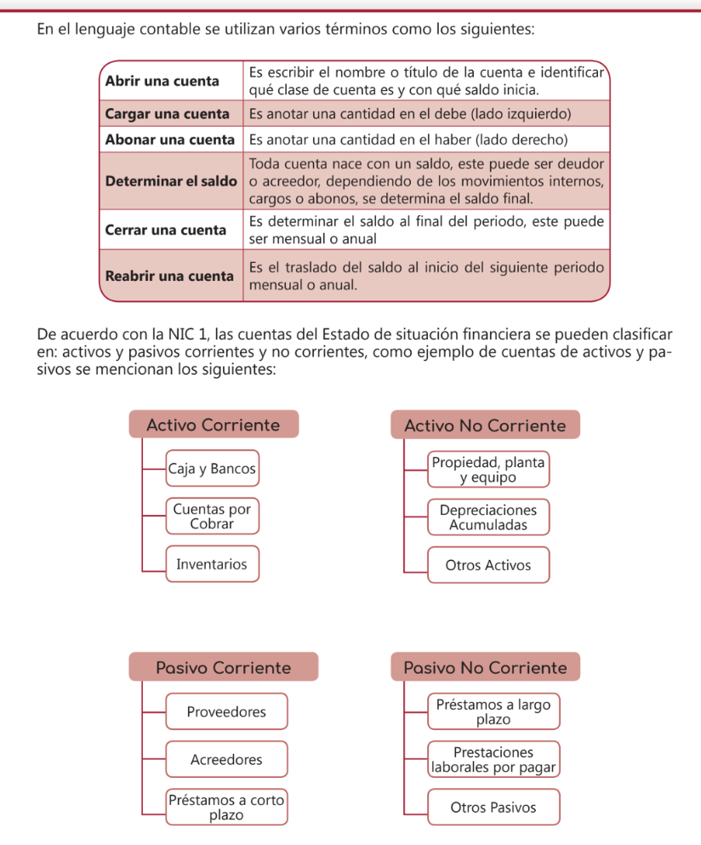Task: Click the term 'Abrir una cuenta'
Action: click(161, 81)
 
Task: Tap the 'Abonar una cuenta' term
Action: click(169, 139)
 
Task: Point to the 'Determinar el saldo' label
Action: click(170, 181)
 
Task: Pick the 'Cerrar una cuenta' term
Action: click(165, 230)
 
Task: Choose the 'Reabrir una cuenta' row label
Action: click(168, 277)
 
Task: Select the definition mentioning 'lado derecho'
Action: click(407, 139)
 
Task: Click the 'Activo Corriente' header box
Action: click(214, 425)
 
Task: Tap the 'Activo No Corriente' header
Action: click(485, 425)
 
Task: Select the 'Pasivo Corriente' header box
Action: click(223, 667)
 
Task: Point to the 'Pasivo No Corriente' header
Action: click(485, 667)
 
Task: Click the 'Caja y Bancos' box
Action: click(212, 469)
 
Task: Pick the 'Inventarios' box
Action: click(212, 564)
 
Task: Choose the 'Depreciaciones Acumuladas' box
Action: click(488, 517)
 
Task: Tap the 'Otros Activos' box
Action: click(488, 565)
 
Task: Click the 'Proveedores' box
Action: click(226, 711)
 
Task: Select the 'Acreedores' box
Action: click(226, 760)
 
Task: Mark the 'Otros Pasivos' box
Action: click(493, 808)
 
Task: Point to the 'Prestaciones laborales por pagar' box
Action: click(493, 760)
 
